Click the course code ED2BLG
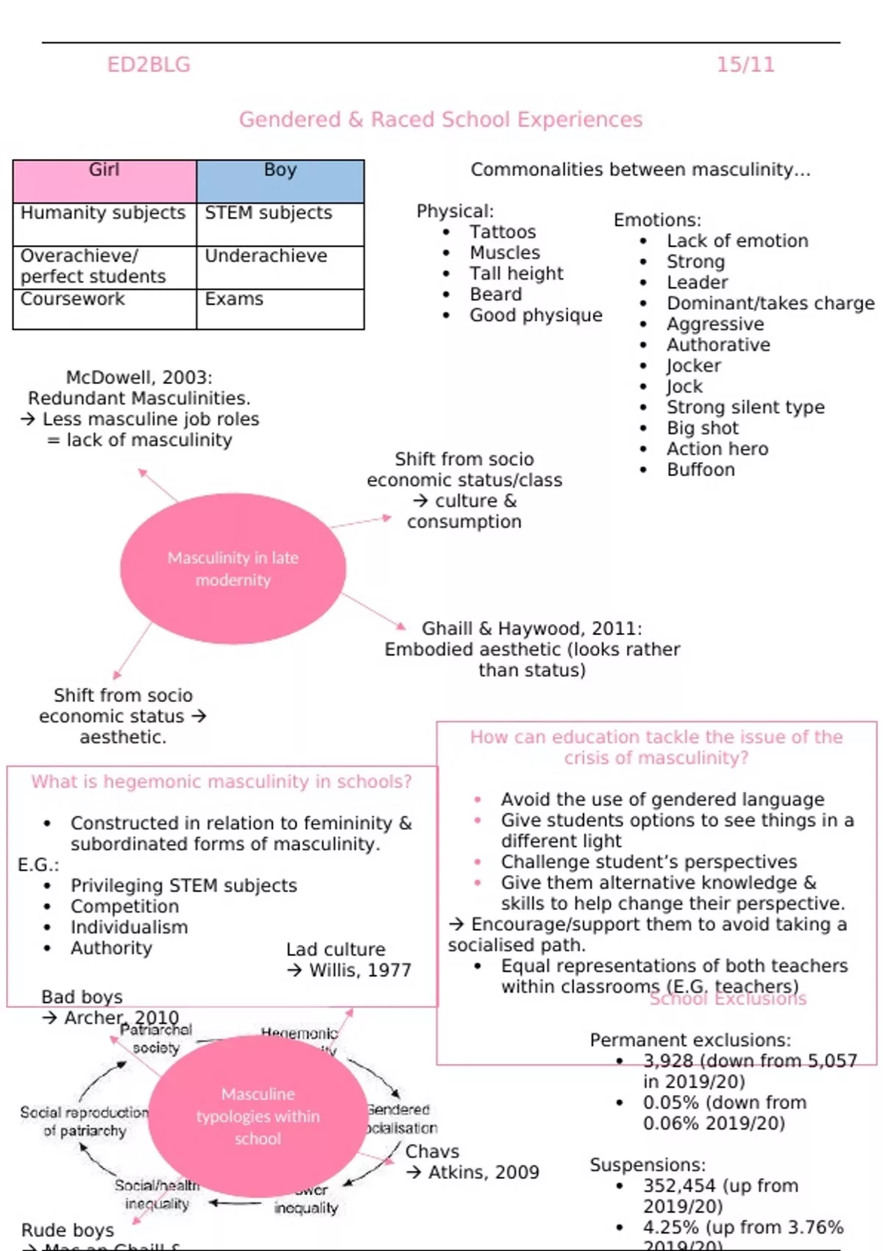click(149, 65)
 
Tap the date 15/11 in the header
click(745, 65)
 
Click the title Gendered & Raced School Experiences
click(441, 119)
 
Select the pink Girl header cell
click(104, 181)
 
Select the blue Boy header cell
click(280, 181)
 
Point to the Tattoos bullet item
click(503, 232)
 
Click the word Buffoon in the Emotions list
click(701, 469)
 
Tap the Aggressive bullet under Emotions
click(714, 324)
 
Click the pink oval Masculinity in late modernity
click(233, 568)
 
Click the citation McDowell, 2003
click(139, 378)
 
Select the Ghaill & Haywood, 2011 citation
click(531, 628)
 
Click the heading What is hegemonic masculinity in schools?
click(221, 782)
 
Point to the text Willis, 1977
click(360, 970)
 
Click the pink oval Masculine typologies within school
click(258, 1116)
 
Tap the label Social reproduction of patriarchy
click(84, 1121)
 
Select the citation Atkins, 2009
click(483, 1172)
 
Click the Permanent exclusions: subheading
click(689, 1040)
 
